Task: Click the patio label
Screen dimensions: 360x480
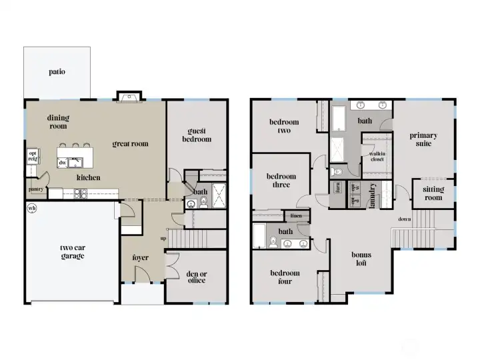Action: [x=57, y=72]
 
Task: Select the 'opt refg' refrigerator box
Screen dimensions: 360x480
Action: [x=32, y=156]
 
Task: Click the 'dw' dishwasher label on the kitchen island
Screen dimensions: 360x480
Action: [x=62, y=162]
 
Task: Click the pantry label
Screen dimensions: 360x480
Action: [x=36, y=189]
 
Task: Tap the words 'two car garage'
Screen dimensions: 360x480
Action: [x=72, y=251]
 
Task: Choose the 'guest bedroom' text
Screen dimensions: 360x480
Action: [x=199, y=135]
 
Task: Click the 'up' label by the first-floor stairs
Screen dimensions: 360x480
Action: [x=163, y=237]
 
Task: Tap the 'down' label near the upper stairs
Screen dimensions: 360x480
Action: [x=404, y=219]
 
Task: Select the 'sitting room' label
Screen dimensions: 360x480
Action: [x=433, y=193]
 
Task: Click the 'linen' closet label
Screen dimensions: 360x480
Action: [x=295, y=215]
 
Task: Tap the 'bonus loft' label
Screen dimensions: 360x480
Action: [x=361, y=259]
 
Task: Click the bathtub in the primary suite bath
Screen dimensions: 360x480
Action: [x=338, y=120]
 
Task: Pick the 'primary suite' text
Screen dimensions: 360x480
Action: [x=423, y=139]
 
